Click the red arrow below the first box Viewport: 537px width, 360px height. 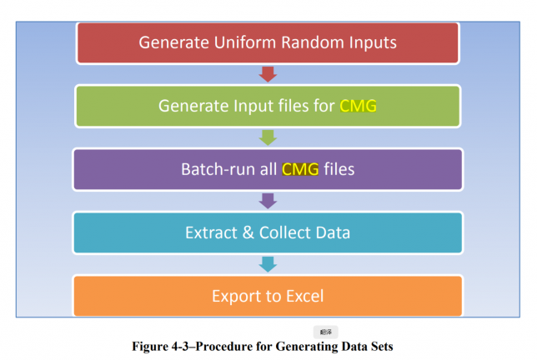click(x=268, y=74)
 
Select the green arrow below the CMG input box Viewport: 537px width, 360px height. click(x=268, y=137)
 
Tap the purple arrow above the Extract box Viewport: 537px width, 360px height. click(x=268, y=201)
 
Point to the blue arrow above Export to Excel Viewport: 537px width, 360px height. click(x=268, y=263)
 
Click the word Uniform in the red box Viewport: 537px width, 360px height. click(x=234, y=42)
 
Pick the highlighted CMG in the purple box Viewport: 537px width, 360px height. click(x=301, y=169)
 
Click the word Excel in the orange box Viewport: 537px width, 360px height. click(x=302, y=296)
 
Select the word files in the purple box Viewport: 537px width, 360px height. click(x=339, y=169)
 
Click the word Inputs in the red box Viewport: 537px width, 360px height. click(x=370, y=42)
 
